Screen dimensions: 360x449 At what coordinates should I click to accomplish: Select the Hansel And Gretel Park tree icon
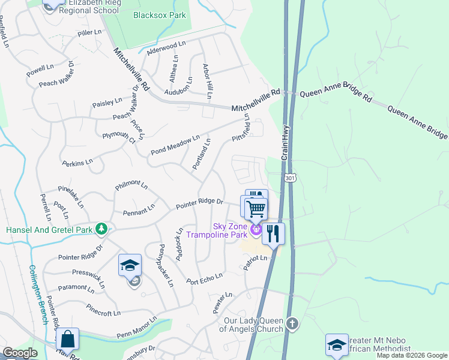coord(103,229)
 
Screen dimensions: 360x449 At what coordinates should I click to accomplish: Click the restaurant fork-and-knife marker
coord(273,233)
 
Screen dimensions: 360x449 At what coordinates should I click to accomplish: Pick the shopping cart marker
coord(255,209)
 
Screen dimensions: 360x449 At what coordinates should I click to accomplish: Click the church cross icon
coord(292,324)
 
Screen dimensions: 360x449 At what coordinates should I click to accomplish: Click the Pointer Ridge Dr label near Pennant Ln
coord(199,205)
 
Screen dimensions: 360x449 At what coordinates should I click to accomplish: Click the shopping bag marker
coord(68,339)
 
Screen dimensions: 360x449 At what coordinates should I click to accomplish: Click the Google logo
coord(20,353)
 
